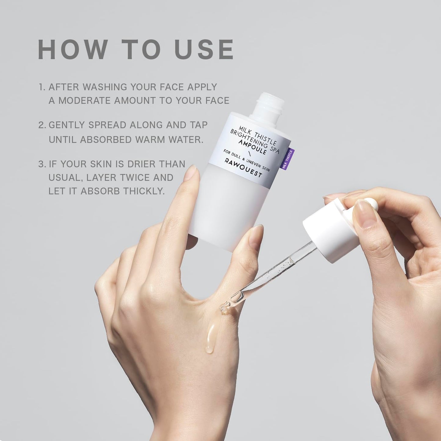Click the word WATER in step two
tap(186, 139)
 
